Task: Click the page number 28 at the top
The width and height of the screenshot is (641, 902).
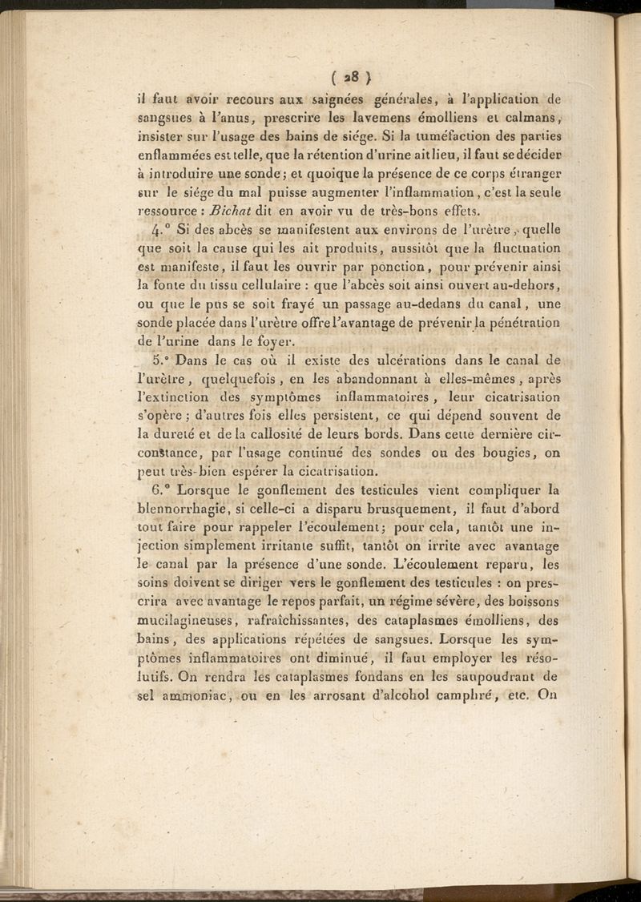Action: click(x=349, y=78)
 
